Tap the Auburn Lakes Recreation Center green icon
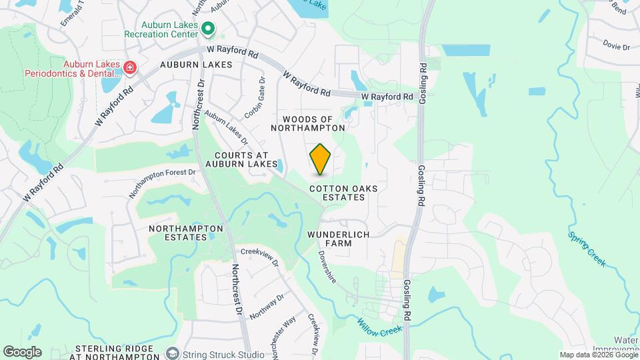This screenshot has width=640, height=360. pos(208,29)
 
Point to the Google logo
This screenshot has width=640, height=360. pos(22,352)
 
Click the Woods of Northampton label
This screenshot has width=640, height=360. pos(308,123)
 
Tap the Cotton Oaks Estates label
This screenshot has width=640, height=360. pos(344,193)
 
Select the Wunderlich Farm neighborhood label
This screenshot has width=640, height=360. pos(339,239)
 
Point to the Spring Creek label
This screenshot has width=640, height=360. pos(587,248)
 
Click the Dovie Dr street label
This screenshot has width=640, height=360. pos(616,47)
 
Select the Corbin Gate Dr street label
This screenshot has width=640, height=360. pos(255,98)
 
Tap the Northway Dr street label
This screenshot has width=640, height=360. pos(266,305)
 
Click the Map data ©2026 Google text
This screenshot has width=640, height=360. pos(598,355)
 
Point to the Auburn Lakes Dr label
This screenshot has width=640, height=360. pos(227,128)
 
